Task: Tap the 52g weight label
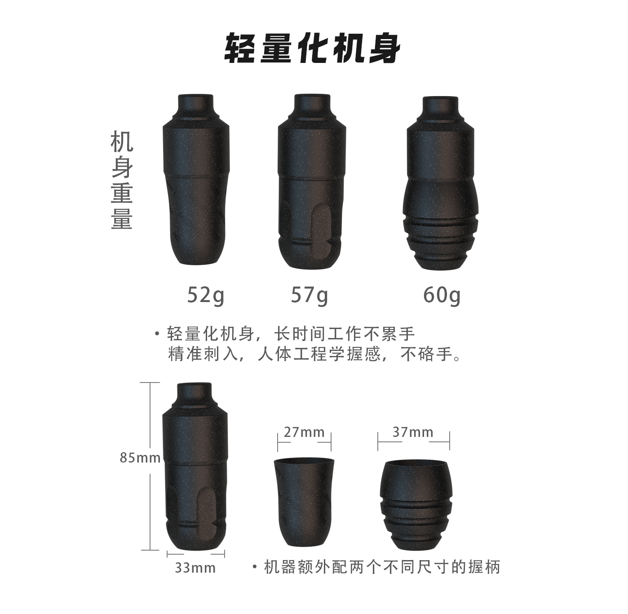[205, 295]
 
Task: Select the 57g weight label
[310, 295]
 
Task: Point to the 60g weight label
[442, 295]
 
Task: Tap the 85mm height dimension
[140, 458]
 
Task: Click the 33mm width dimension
[195, 568]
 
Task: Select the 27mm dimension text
[304, 432]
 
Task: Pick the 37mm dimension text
[413, 432]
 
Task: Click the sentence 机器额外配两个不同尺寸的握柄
[382, 567]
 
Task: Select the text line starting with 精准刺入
[314, 355]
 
